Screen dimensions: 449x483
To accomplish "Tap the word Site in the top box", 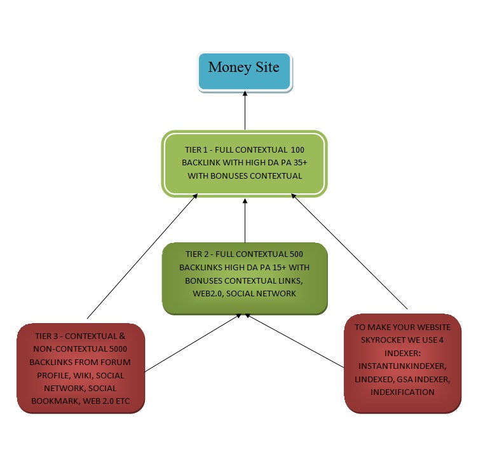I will tap(267, 67).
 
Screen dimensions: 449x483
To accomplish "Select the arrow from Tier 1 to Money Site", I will tap(245, 111).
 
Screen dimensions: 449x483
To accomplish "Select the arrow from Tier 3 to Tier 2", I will tap(191, 343).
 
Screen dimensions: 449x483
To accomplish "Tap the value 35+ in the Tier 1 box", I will tap(296, 163).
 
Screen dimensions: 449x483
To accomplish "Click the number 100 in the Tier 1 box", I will tap(297, 150).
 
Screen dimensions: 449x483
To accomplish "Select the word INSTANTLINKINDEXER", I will tap(402, 366).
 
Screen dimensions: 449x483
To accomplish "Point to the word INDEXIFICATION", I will tap(402, 392).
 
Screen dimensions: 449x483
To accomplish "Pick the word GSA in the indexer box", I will tap(411, 379).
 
